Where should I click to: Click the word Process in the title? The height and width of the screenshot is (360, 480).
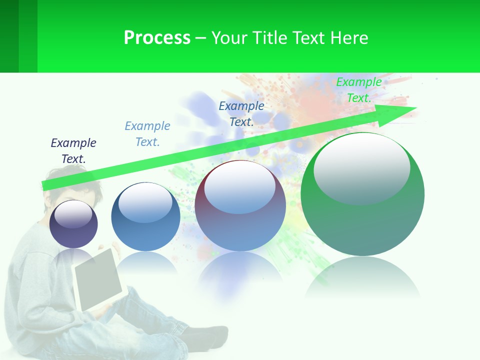coord(157,38)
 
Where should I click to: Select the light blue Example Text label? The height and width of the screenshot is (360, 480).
coord(147,134)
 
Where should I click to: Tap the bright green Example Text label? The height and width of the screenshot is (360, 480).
coord(359,90)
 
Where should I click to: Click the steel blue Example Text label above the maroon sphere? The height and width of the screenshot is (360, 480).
coord(241,114)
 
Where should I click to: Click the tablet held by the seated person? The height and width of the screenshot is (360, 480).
coord(98,279)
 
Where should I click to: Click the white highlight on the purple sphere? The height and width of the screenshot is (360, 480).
coord(73,214)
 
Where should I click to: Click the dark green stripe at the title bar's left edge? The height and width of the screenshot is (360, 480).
coord(9,36)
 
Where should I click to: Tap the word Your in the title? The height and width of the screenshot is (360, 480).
coord(229,38)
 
